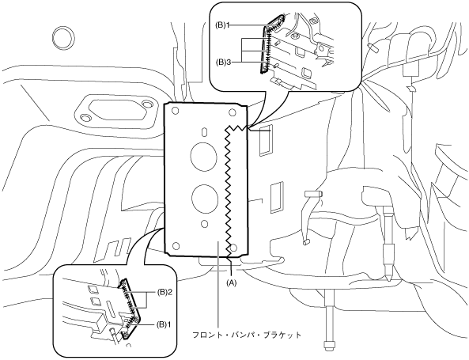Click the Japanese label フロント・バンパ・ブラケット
[247, 335]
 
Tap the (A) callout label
[231, 282]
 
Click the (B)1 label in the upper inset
[222, 25]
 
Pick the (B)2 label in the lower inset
[163, 291]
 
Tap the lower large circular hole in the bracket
[205, 199]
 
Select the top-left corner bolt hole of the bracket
[176, 112]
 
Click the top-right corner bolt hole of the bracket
[232, 112]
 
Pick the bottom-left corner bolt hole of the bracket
[176, 246]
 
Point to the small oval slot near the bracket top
[204, 132]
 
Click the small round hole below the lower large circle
[205, 224]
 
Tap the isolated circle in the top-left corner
[64, 36]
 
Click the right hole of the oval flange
[147, 104]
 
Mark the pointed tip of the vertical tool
[388, 281]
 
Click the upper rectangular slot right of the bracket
[266, 141]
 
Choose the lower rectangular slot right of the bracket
[276, 197]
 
